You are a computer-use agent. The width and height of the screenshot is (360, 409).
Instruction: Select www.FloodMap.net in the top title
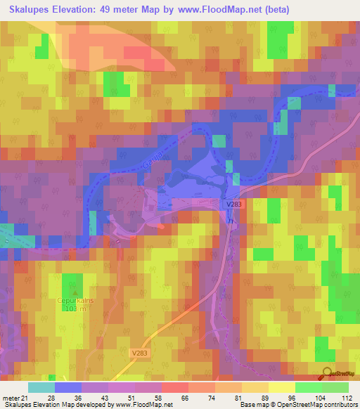pyautogui.click(x=223, y=10)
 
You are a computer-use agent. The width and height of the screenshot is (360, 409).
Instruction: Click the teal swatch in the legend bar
pyautogui.click(x=41, y=387)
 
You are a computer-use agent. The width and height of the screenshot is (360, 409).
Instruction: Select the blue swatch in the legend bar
pyautogui.click(x=68, y=387)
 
